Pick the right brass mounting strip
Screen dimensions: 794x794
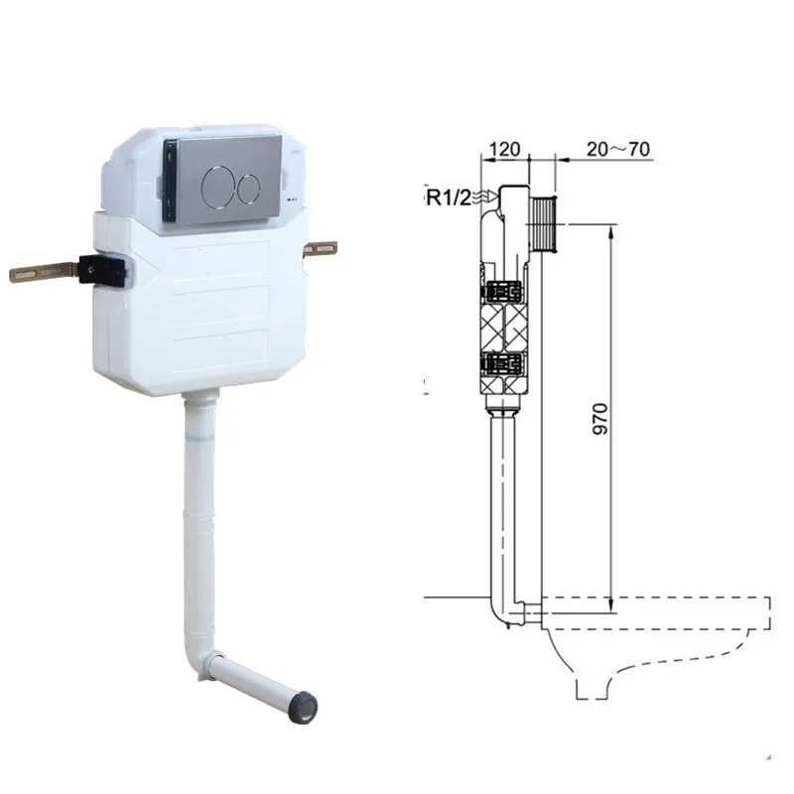point(321,248)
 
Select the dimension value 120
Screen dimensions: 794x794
point(505,150)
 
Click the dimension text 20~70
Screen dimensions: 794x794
point(617,150)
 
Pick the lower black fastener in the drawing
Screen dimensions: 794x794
point(505,364)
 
